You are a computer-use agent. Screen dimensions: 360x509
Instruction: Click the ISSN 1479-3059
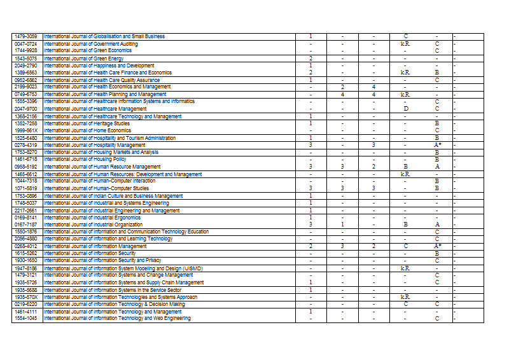tap(27, 36)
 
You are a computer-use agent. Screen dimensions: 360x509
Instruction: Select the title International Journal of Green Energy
tap(84, 59)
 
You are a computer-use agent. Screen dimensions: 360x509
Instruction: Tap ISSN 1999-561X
tap(27, 130)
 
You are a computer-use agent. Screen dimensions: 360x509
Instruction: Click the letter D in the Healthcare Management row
tap(405, 109)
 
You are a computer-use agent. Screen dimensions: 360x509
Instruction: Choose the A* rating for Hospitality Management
tap(437, 145)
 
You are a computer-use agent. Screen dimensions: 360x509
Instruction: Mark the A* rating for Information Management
tap(437, 246)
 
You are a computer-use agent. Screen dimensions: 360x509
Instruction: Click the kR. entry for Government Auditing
tap(405, 44)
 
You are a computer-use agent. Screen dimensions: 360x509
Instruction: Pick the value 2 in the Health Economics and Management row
tap(342, 87)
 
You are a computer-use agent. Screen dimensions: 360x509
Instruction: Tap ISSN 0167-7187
tap(27, 225)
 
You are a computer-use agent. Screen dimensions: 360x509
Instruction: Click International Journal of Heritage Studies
tap(87, 123)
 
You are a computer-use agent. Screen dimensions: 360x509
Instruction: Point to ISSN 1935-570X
tap(27, 297)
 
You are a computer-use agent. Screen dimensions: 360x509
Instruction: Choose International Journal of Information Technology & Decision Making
tap(115, 304)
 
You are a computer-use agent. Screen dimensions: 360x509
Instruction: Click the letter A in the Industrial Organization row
tap(437, 225)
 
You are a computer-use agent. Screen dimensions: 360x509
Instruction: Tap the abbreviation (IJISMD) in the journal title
tap(190, 268)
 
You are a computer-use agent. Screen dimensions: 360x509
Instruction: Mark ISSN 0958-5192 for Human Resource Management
tap(27, 167)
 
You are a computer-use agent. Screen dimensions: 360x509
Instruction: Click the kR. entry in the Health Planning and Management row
tap(405, 94)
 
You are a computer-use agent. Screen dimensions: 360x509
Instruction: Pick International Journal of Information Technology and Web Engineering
tap(118, 318)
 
